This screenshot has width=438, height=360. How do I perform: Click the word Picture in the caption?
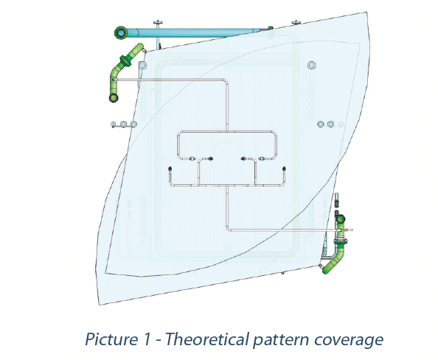pos(111,339)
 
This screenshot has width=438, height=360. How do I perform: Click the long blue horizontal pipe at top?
pos(192,32)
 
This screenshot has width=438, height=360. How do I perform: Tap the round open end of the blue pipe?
pos(121,32)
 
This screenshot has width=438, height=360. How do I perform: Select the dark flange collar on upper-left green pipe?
pos(125,61)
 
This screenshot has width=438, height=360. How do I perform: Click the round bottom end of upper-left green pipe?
pos(114,98)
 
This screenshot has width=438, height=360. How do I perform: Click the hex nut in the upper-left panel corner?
pos(142,66)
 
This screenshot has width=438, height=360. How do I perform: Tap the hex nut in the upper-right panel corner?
pos(312,66)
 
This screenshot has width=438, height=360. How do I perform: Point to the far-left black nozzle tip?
pos(170,168)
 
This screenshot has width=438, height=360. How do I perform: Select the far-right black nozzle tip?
pos(284,168)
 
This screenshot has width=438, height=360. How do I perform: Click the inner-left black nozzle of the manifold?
pos(211,159)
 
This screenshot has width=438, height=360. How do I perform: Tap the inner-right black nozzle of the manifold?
pos(243,159)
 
